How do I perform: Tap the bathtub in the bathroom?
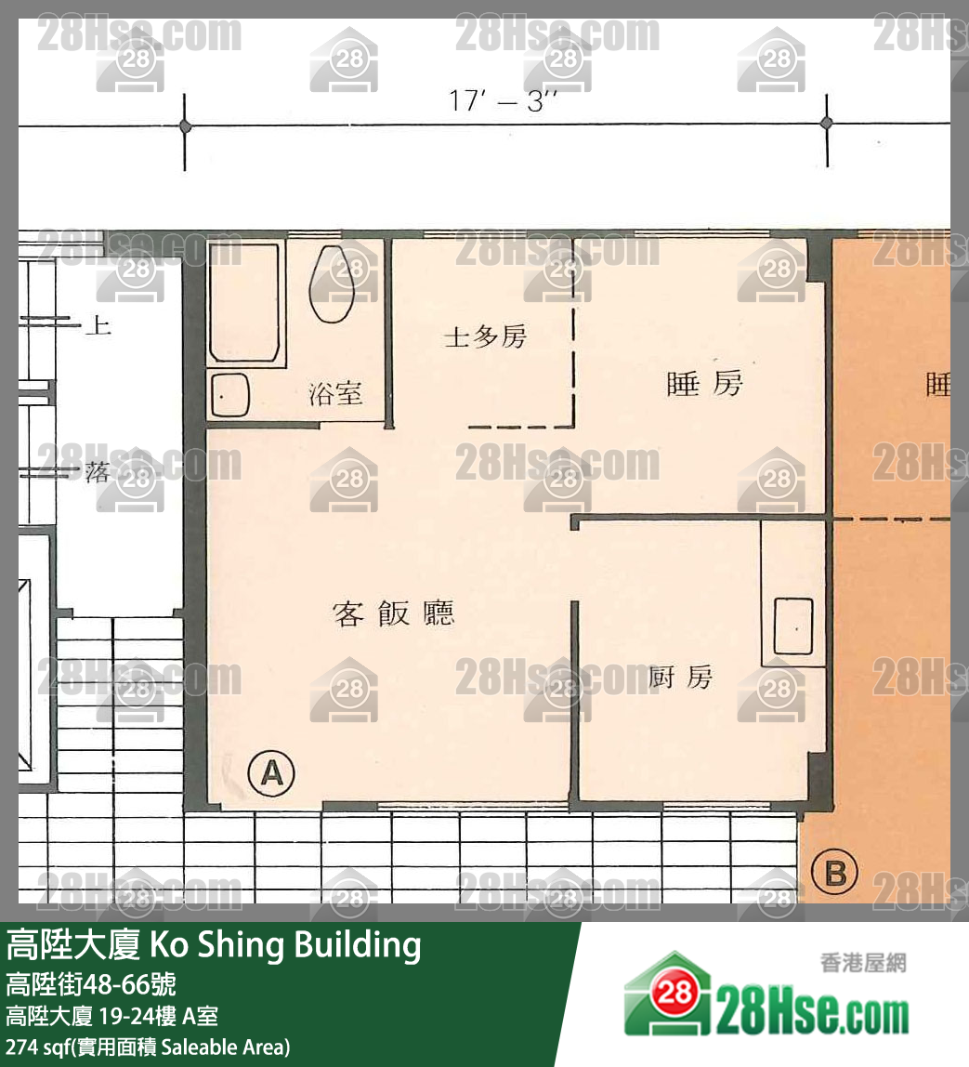click(x=243, y=302)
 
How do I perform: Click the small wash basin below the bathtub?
click(x=229, y=396)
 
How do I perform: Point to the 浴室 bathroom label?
click(x=335, y=394)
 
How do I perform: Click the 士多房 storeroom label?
click(x=485, y=336)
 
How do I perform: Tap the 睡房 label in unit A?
click(x=705, y=383)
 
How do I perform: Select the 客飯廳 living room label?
click(x=394, y=613)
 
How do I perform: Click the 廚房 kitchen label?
click(x=680, y=678)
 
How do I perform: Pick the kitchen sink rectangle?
click(x=793, y=629)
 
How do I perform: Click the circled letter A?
click(x=272, y=772)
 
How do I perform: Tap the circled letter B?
click(x=834, y=874)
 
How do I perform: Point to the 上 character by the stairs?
click(x=97, y=325)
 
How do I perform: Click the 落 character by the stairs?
click(x=97, y=473)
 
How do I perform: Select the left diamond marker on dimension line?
click(x=185, y=125)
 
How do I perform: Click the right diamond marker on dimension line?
click(x=826, y=124)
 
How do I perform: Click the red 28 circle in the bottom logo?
click(x=676, y=995)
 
